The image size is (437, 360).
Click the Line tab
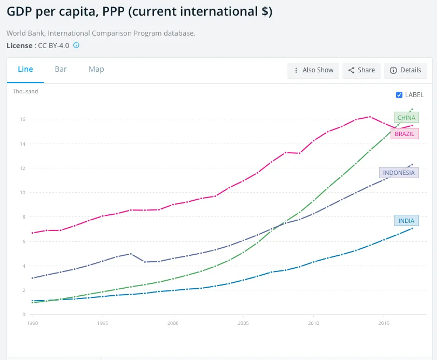point(25,69)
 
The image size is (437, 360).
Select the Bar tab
point(60,69)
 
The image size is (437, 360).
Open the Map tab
point(96,69)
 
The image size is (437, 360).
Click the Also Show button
point(313,70)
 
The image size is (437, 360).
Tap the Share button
point(361,70)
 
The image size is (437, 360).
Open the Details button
point(405,70)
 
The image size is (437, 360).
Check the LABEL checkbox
point(399,95)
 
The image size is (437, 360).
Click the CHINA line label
point(406,118)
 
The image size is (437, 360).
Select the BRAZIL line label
point(405,133)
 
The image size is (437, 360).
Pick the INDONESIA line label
point(399,173)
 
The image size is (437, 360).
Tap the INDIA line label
point(406,221)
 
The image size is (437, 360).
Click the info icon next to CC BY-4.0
point(76,45)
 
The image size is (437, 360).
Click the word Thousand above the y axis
point(25,92)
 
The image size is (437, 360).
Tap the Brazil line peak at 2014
point(370,117)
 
